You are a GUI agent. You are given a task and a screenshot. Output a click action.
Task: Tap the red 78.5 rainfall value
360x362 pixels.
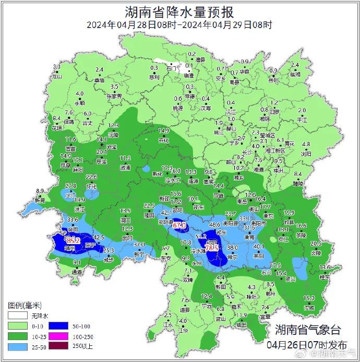(212, 249)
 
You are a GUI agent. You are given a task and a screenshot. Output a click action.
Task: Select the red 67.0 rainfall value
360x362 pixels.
(179, 225)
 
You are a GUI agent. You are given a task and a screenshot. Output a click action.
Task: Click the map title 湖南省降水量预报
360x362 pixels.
(179, 11)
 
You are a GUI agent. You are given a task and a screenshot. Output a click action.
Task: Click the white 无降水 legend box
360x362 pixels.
(16, 316)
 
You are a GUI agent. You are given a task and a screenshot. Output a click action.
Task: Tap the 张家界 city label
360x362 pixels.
(114, 96)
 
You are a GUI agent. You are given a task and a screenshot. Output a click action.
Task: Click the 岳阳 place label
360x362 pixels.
(272, 81)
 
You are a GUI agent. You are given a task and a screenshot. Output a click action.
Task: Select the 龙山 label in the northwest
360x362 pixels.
(57, 76)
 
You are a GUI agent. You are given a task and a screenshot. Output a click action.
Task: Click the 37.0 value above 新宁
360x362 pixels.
(139, 245)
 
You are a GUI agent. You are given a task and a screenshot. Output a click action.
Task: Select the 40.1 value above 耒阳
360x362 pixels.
(259, 247)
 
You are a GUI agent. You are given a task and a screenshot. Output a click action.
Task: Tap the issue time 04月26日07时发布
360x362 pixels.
(307, 345)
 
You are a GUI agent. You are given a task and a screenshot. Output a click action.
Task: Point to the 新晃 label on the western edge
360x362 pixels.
(40, 200)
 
